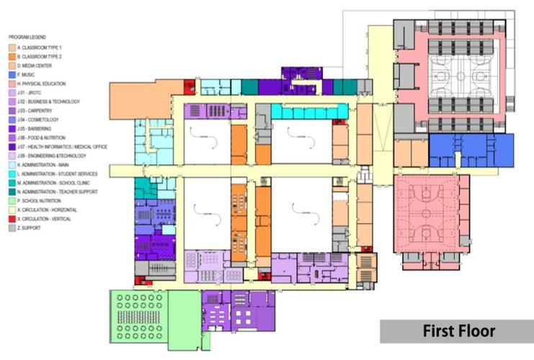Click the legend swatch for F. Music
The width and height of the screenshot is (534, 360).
12,74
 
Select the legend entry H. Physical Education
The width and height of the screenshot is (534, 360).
43,83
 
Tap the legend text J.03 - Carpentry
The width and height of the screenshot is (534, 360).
39,110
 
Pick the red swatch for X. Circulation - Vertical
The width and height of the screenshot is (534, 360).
12,219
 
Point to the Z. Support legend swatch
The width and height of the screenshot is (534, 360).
12,228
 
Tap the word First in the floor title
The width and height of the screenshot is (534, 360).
440,331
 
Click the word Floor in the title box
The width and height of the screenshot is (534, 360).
477,331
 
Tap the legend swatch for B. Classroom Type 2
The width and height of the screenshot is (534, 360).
12,55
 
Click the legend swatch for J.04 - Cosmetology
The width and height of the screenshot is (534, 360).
12,120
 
